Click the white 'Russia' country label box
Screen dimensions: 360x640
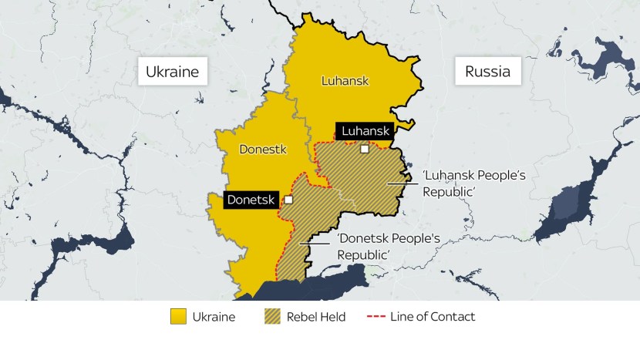pyautogui.click(x=487, y=72)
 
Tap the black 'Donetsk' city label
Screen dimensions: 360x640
pyautogui.click(x=251, y=200)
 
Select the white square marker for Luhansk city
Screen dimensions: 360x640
pyautogui.click(x=365, y=150)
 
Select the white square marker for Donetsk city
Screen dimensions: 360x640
pyautogui.click(x=288, y=200)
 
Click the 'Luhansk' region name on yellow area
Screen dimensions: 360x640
pyautogui.click(x=345, y=81)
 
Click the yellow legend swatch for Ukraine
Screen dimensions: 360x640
pyautogui.click(x=179, y=317)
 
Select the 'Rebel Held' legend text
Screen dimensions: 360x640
pyautogui.click(x=316, y=317)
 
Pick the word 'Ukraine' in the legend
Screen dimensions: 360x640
pyautogui.click(x=215, y=317)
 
